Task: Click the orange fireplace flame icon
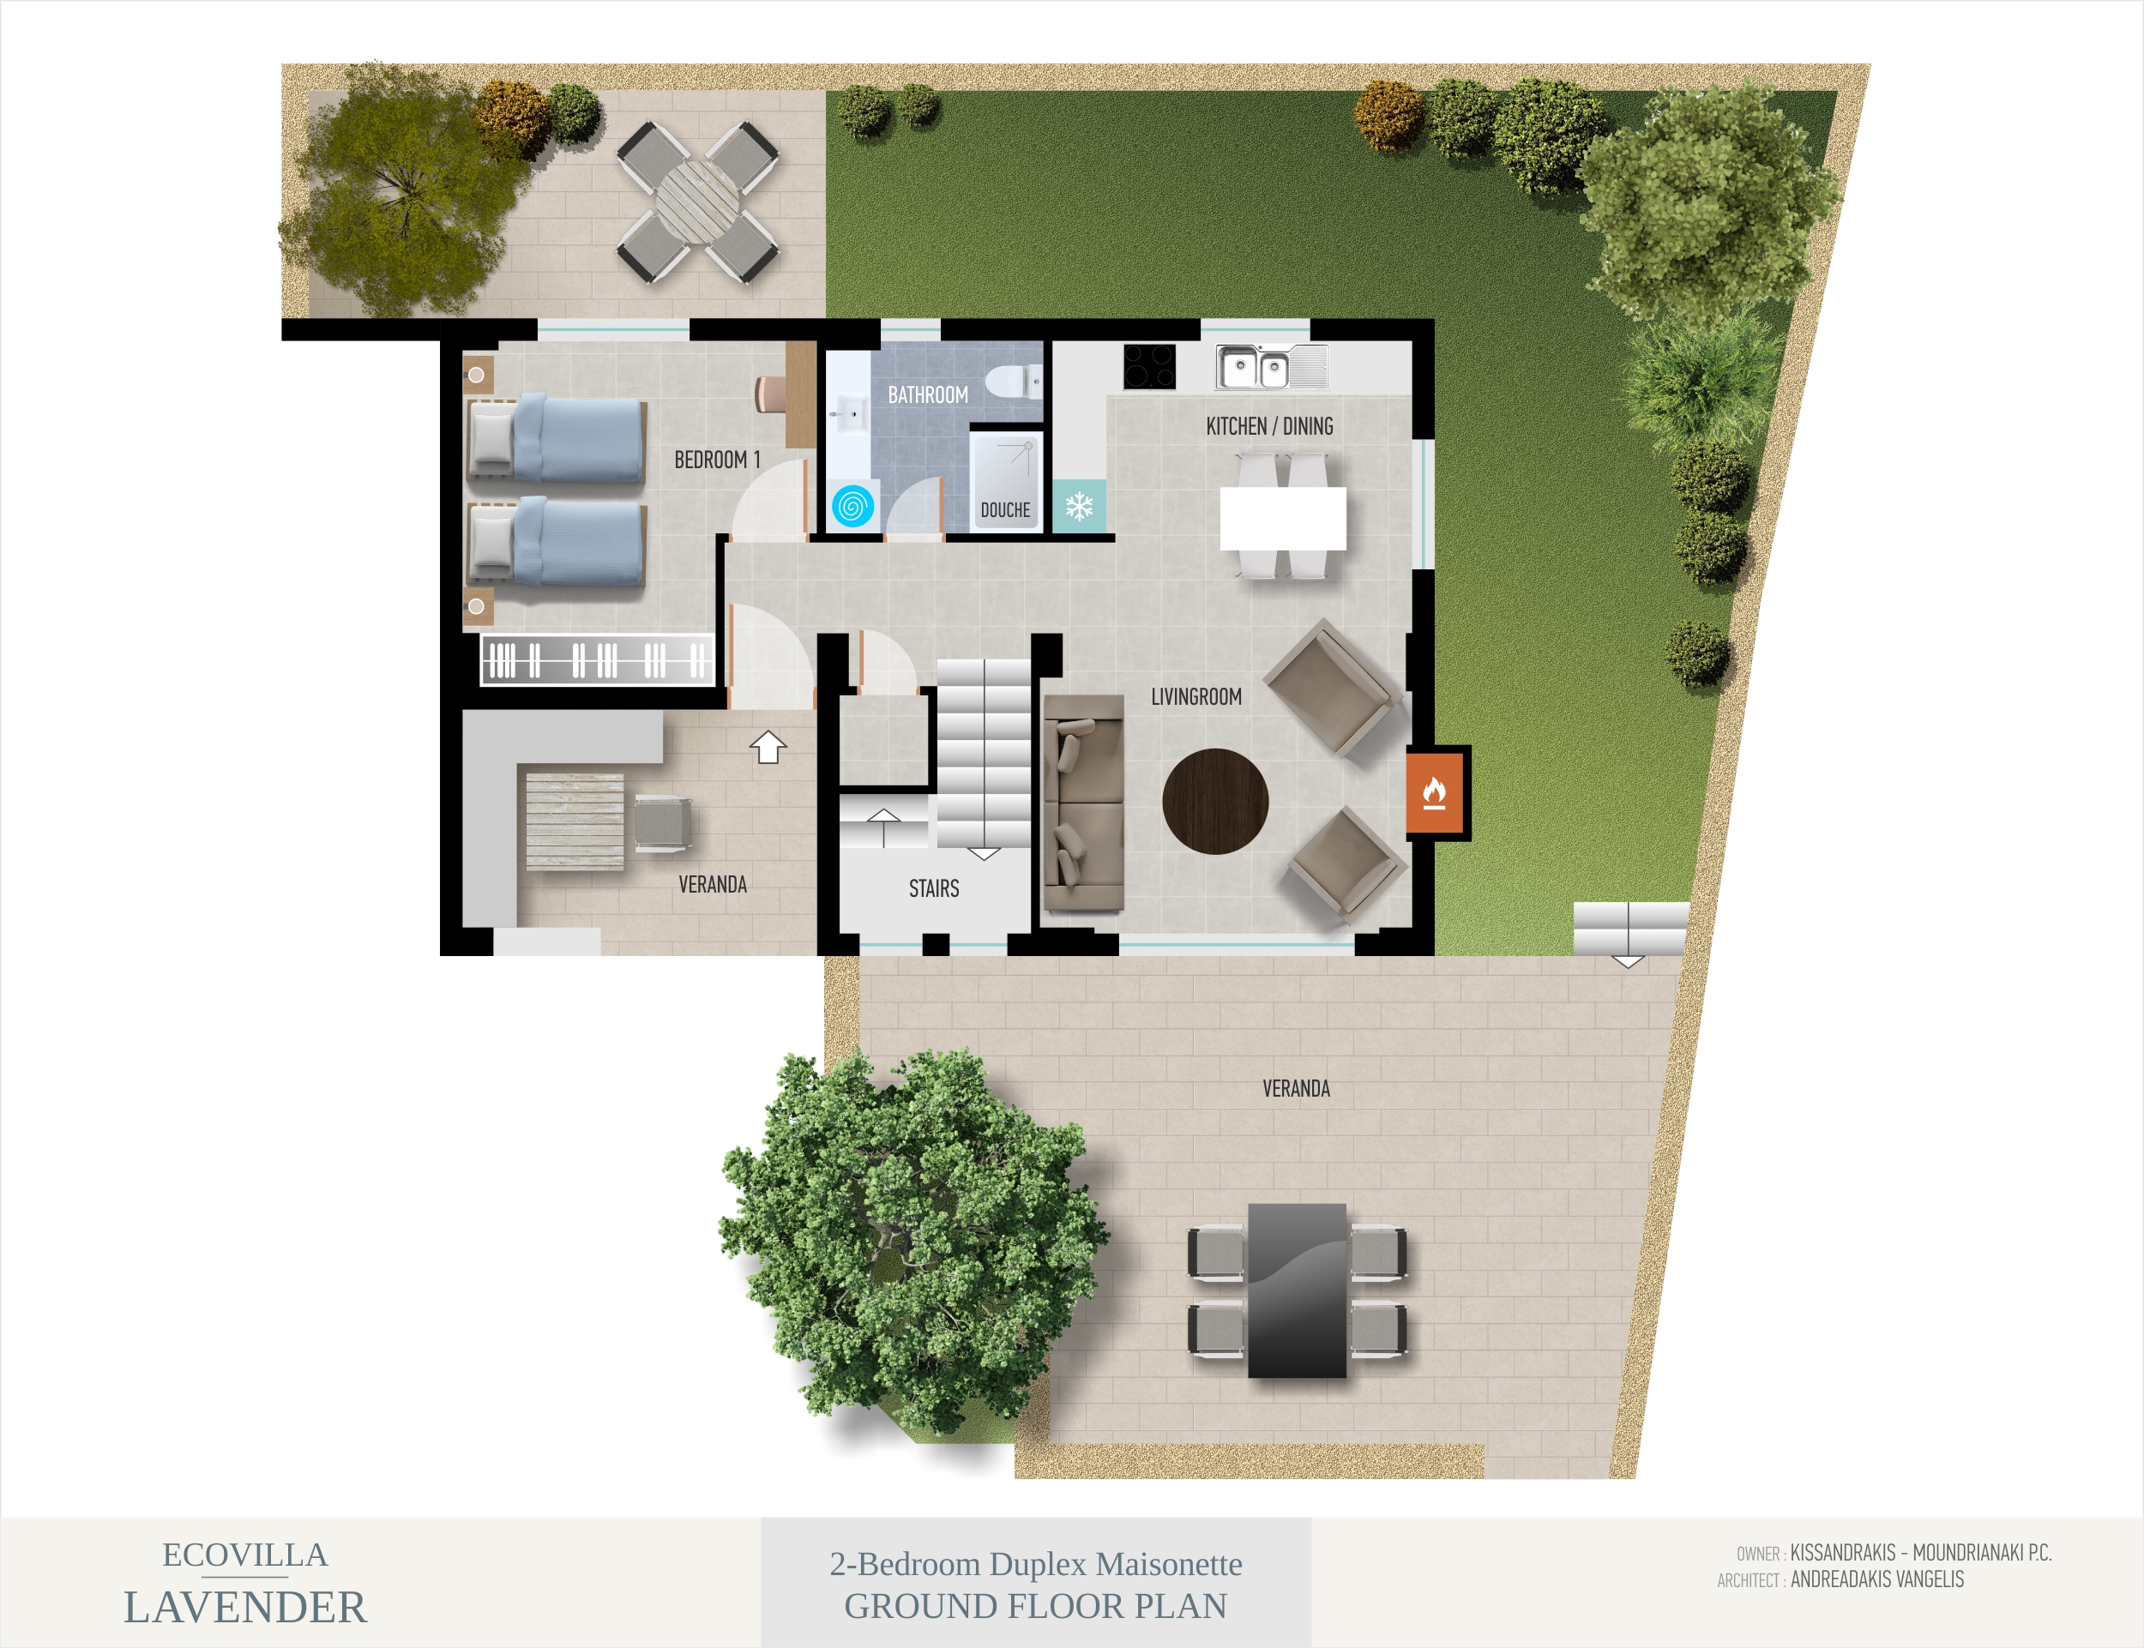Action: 1434,792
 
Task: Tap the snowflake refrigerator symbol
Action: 1080,506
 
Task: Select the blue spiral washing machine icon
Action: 852,506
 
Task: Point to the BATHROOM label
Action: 927,394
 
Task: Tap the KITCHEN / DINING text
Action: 1270,426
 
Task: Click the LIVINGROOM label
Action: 1196,696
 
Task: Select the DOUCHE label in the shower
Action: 1005,510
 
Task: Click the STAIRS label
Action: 933,889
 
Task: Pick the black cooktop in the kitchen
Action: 1149,367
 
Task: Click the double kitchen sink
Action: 1272,367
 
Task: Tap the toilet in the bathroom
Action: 1015,381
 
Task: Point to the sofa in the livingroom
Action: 1082,803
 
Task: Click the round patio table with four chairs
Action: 698,201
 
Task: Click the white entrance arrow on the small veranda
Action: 768,747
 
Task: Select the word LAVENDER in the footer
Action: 245,1607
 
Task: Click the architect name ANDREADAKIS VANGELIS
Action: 1877,1579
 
